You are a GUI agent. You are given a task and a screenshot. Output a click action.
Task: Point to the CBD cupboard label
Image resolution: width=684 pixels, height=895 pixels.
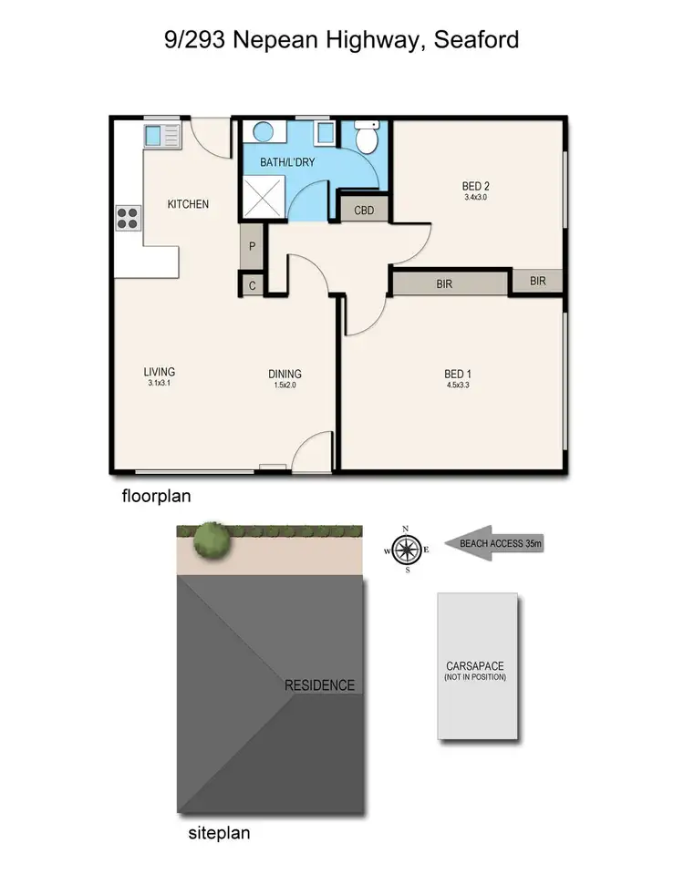click(365, 211)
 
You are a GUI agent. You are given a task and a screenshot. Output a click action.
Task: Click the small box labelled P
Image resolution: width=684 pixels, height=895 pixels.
click(252, 246)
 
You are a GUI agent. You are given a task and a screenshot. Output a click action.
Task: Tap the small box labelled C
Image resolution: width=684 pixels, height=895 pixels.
click(252, 285)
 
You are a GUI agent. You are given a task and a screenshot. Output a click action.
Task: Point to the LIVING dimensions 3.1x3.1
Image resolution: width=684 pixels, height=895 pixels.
click(159, 384)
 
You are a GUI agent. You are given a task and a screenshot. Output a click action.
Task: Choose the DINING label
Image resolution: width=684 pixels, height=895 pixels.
click(285, 374)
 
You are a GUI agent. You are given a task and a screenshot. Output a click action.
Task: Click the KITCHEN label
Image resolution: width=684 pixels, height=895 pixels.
click(188, 204)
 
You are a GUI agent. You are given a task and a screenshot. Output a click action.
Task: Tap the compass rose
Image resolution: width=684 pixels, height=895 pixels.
click(407, 550)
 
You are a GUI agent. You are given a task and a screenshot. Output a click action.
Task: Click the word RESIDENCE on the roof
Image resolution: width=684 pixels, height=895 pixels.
click(319, 685)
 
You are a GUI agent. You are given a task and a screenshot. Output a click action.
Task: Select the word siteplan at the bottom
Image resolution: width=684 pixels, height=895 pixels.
click(219, 832)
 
